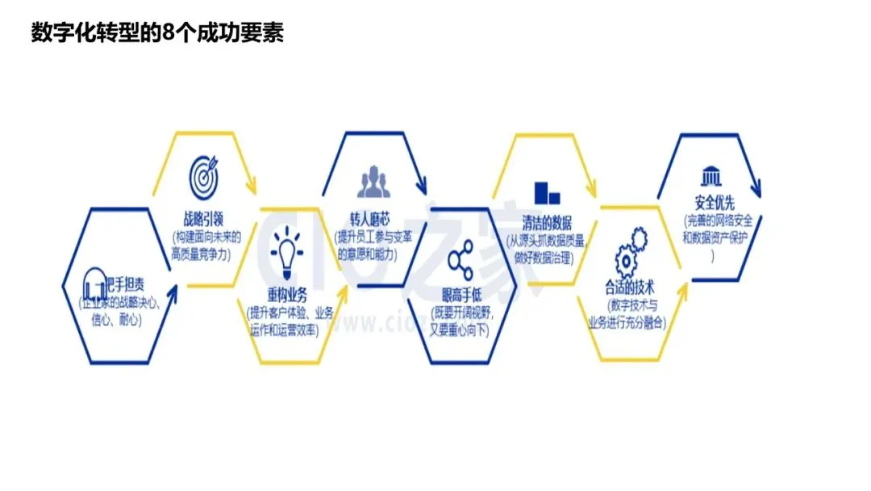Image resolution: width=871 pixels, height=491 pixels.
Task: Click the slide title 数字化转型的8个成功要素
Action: click(x=157, y=33)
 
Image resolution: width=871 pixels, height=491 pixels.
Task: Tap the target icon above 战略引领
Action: click(x=205, y=173)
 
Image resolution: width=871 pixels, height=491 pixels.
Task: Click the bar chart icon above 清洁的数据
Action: click(x=547, y=192)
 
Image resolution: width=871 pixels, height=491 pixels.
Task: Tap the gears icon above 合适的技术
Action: click(x=631, y=253)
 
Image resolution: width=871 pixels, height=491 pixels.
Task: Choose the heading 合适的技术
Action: click(x=629, y=287)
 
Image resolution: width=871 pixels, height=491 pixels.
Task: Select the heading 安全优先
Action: click(x=712, y=203)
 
